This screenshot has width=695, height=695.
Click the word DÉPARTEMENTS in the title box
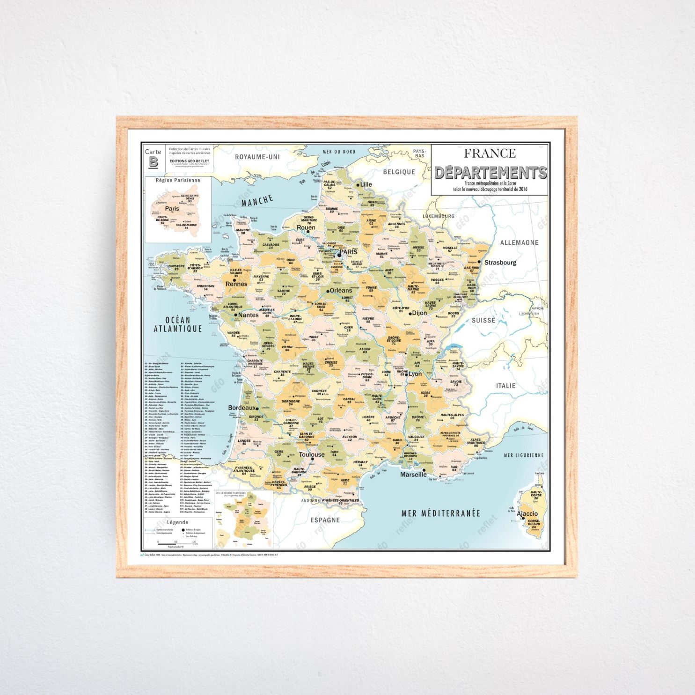point(490,173)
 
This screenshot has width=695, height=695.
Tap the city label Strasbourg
point(500,263)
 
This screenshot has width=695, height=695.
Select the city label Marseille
point(413,475)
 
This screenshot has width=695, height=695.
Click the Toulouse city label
point(312,454)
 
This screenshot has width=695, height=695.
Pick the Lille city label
point(366,184)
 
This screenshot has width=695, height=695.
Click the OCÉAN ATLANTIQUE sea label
point(178,324)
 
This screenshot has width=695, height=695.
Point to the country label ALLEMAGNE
point(519,242)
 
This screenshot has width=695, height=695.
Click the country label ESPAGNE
point(325,520)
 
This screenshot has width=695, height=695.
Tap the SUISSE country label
point(483,321)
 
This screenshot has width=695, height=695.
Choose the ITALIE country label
point(506,386)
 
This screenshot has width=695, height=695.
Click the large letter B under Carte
point(153,162)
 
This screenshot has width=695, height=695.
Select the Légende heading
point(178,522)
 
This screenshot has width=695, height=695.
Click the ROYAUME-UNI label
point(257,157)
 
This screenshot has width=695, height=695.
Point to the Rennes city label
point(236,284)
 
